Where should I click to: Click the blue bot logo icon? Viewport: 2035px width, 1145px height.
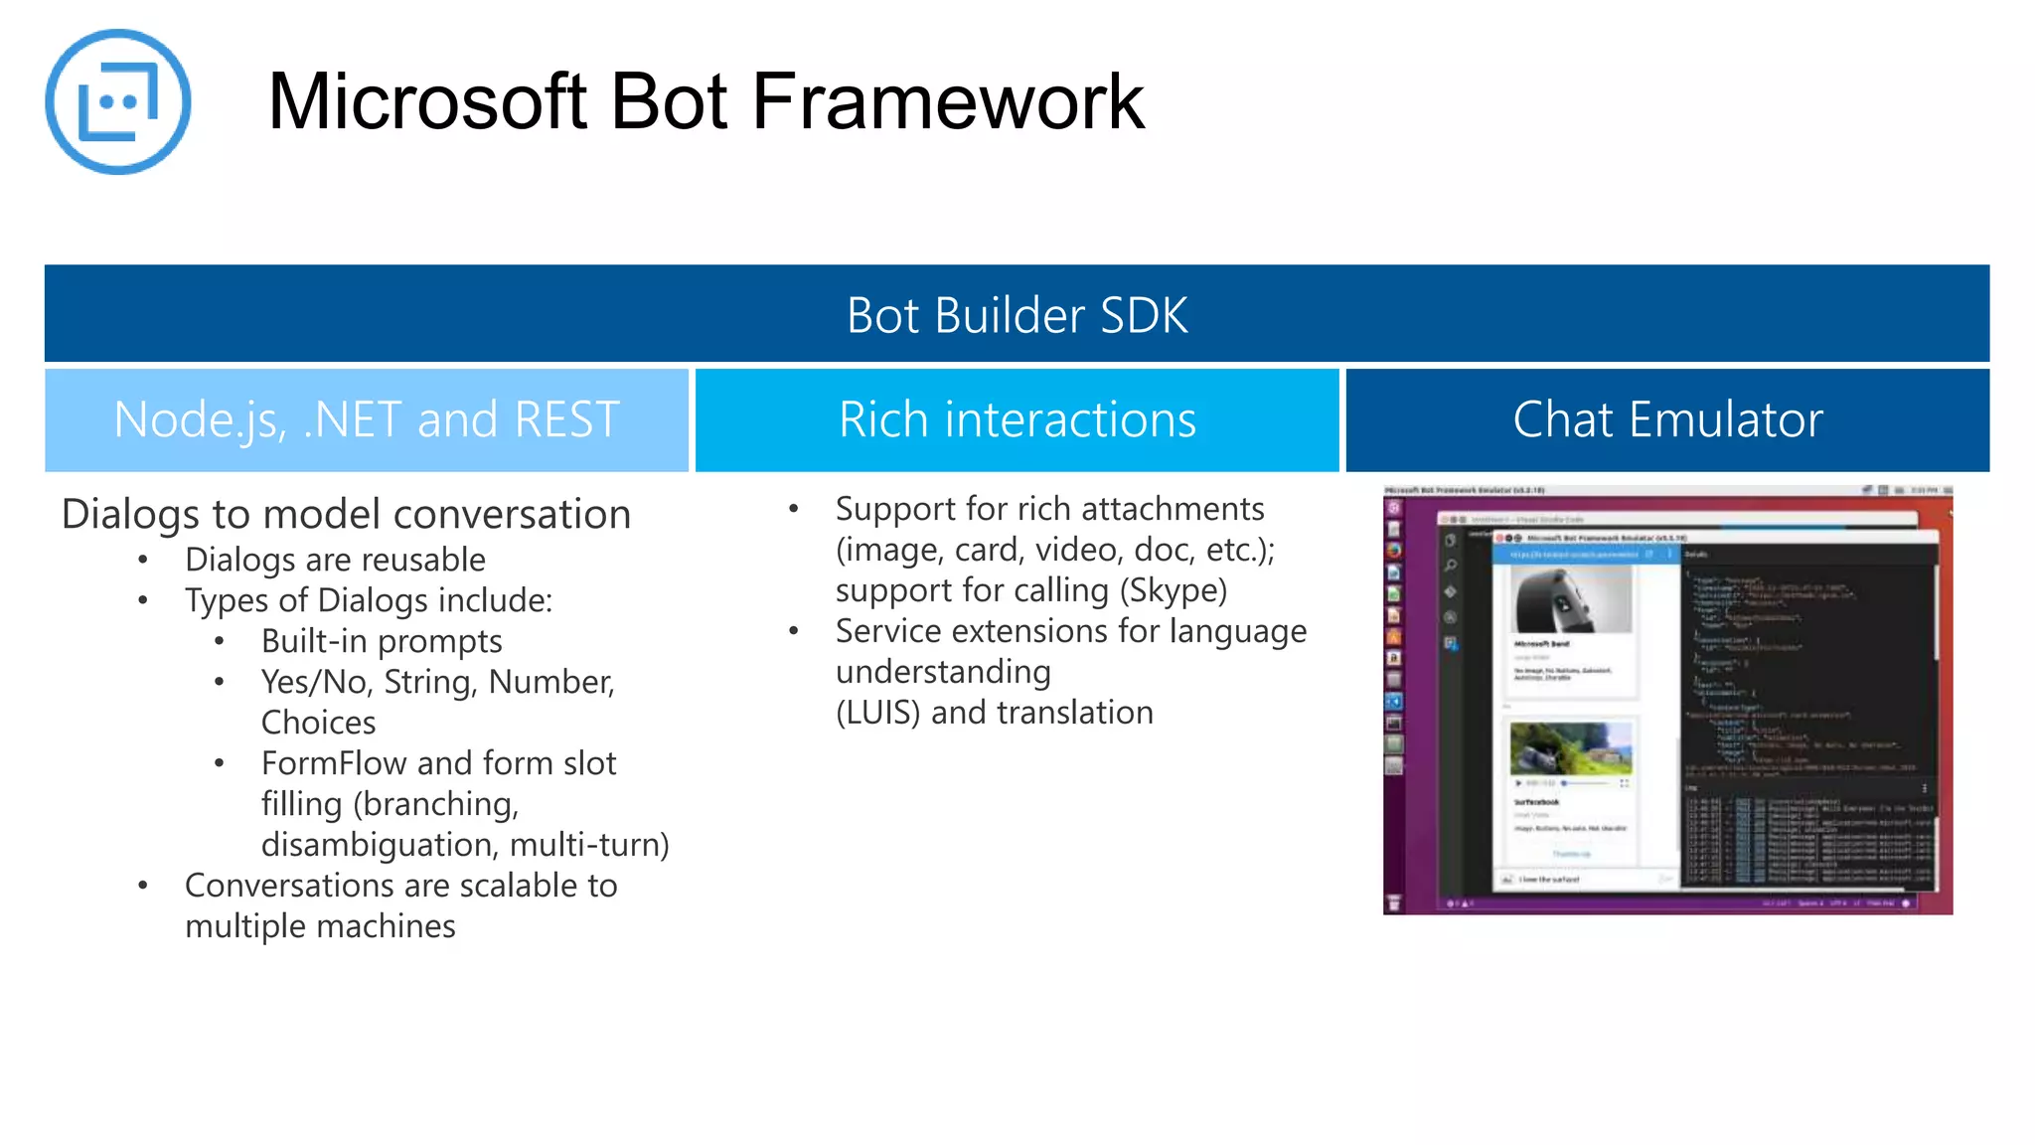117,101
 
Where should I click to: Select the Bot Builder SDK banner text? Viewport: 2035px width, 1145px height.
1017,315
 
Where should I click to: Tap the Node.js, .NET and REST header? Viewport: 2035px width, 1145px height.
367,419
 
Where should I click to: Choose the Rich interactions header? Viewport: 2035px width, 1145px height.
1017,419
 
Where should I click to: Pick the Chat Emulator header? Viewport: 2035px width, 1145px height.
1666,419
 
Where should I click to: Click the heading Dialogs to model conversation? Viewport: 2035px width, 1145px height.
346,514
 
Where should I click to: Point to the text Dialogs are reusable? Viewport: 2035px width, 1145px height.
335,560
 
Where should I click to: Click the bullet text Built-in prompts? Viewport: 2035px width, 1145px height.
382,641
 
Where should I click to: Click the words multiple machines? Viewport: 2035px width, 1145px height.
320,926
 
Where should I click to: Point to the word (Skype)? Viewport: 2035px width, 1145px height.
1173,590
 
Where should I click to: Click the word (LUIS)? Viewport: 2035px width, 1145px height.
877,713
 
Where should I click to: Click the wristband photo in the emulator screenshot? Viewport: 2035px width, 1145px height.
1571,601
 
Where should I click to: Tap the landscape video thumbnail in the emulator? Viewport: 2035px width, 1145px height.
1570,748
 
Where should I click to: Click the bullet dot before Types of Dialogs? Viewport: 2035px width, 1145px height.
143,600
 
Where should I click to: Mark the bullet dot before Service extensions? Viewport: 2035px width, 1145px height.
793,631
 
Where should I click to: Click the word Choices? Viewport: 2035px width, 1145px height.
318,723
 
